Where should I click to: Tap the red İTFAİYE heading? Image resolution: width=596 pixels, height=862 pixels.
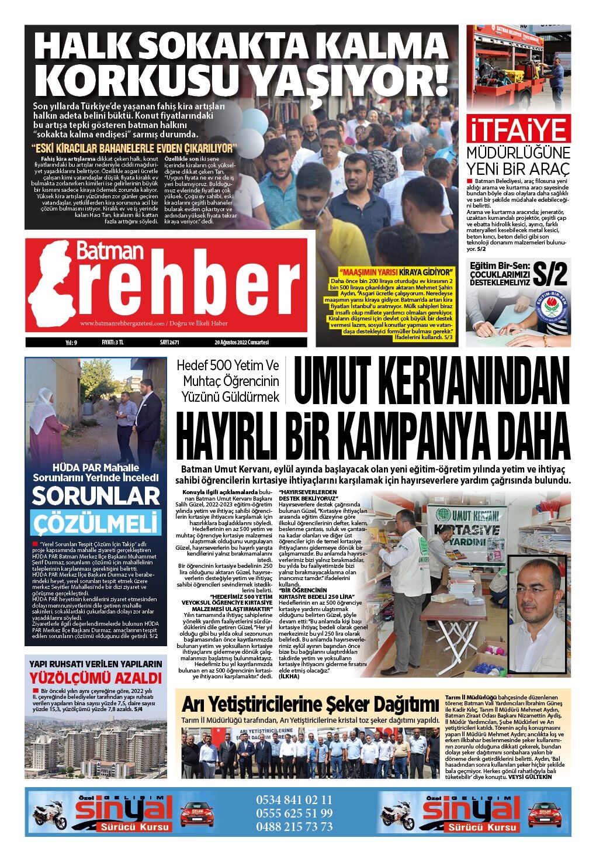pyautogui.click(x=518, y=130)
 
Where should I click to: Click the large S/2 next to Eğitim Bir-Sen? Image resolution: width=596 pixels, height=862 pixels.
pyautogui.click(x=549, y=273)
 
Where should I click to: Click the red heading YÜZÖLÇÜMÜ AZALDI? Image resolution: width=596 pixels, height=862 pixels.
pyautogui.click(x=96, y=678)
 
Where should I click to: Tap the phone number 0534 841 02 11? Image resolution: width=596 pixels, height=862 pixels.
pyautogui.click(x=294, y=799)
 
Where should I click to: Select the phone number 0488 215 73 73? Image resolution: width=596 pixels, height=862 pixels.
pyautogui.click(x=294, y=826)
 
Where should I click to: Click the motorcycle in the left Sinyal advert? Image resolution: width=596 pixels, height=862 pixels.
pyautogui.click(x=51, y=815)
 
